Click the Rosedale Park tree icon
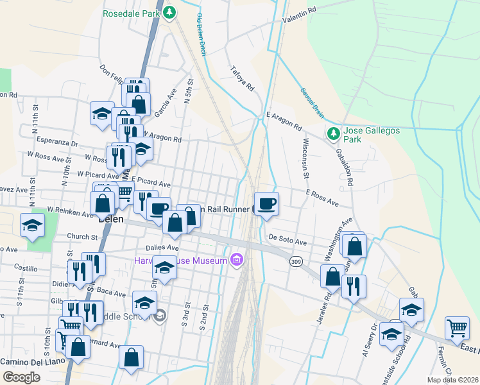[x=169, y=12]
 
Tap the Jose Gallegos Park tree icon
[x=333, y=133]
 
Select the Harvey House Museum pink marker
[x=236, y=260]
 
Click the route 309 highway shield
[x=296, y=261]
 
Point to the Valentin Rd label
[x=300, y=13]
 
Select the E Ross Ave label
[x=321, y=197]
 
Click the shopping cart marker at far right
[x=458, y=327]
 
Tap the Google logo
[x=21, y=377]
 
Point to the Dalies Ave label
[x=164, y=247]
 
